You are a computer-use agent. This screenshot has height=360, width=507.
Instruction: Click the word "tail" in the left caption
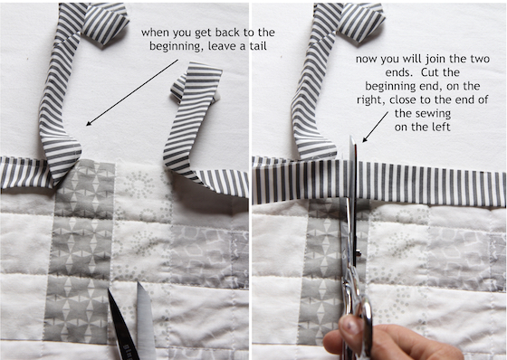258,46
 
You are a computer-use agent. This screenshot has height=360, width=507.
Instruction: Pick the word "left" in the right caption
441,127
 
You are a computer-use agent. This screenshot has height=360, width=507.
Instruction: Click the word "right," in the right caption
371,100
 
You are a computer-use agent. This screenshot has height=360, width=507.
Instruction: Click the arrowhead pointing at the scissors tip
365,139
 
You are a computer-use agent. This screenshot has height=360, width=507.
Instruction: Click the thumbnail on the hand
351,325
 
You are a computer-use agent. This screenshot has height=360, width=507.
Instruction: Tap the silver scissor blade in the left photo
146,320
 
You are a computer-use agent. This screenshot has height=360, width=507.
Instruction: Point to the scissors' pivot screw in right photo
358,252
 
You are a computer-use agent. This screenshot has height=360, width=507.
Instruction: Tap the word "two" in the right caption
481,59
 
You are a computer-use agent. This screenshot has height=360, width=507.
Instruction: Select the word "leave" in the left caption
223,46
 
